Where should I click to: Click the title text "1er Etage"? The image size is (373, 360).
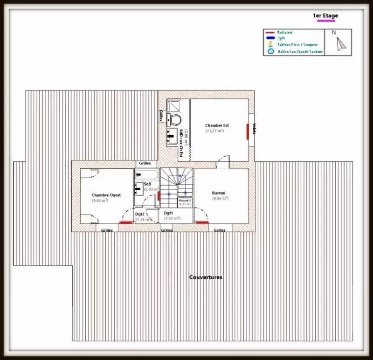(x=325, y=16)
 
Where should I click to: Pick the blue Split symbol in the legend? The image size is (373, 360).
(x=270, y=38)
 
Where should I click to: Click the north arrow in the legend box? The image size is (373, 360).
(x=341, y=42)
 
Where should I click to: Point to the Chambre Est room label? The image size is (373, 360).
(x=217, y=125)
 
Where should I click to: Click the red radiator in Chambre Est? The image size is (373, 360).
(x=247, y=132)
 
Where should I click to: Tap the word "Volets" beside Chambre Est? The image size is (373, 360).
(x=254, y=128)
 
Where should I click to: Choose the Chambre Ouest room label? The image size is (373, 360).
(x=106, y=195)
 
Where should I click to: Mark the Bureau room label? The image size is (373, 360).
(x=219, y=193)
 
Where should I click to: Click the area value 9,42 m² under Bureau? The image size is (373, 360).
(x=220, y=198)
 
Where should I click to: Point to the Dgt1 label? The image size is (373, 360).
(x=167, y=213)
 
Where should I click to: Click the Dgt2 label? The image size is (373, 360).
(x=140, y=214)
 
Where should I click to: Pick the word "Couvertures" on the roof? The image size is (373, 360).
(x=206, y=277)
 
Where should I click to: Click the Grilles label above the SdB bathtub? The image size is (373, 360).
(x=145, y=164)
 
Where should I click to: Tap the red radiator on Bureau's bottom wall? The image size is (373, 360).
(x=201, y=223)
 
